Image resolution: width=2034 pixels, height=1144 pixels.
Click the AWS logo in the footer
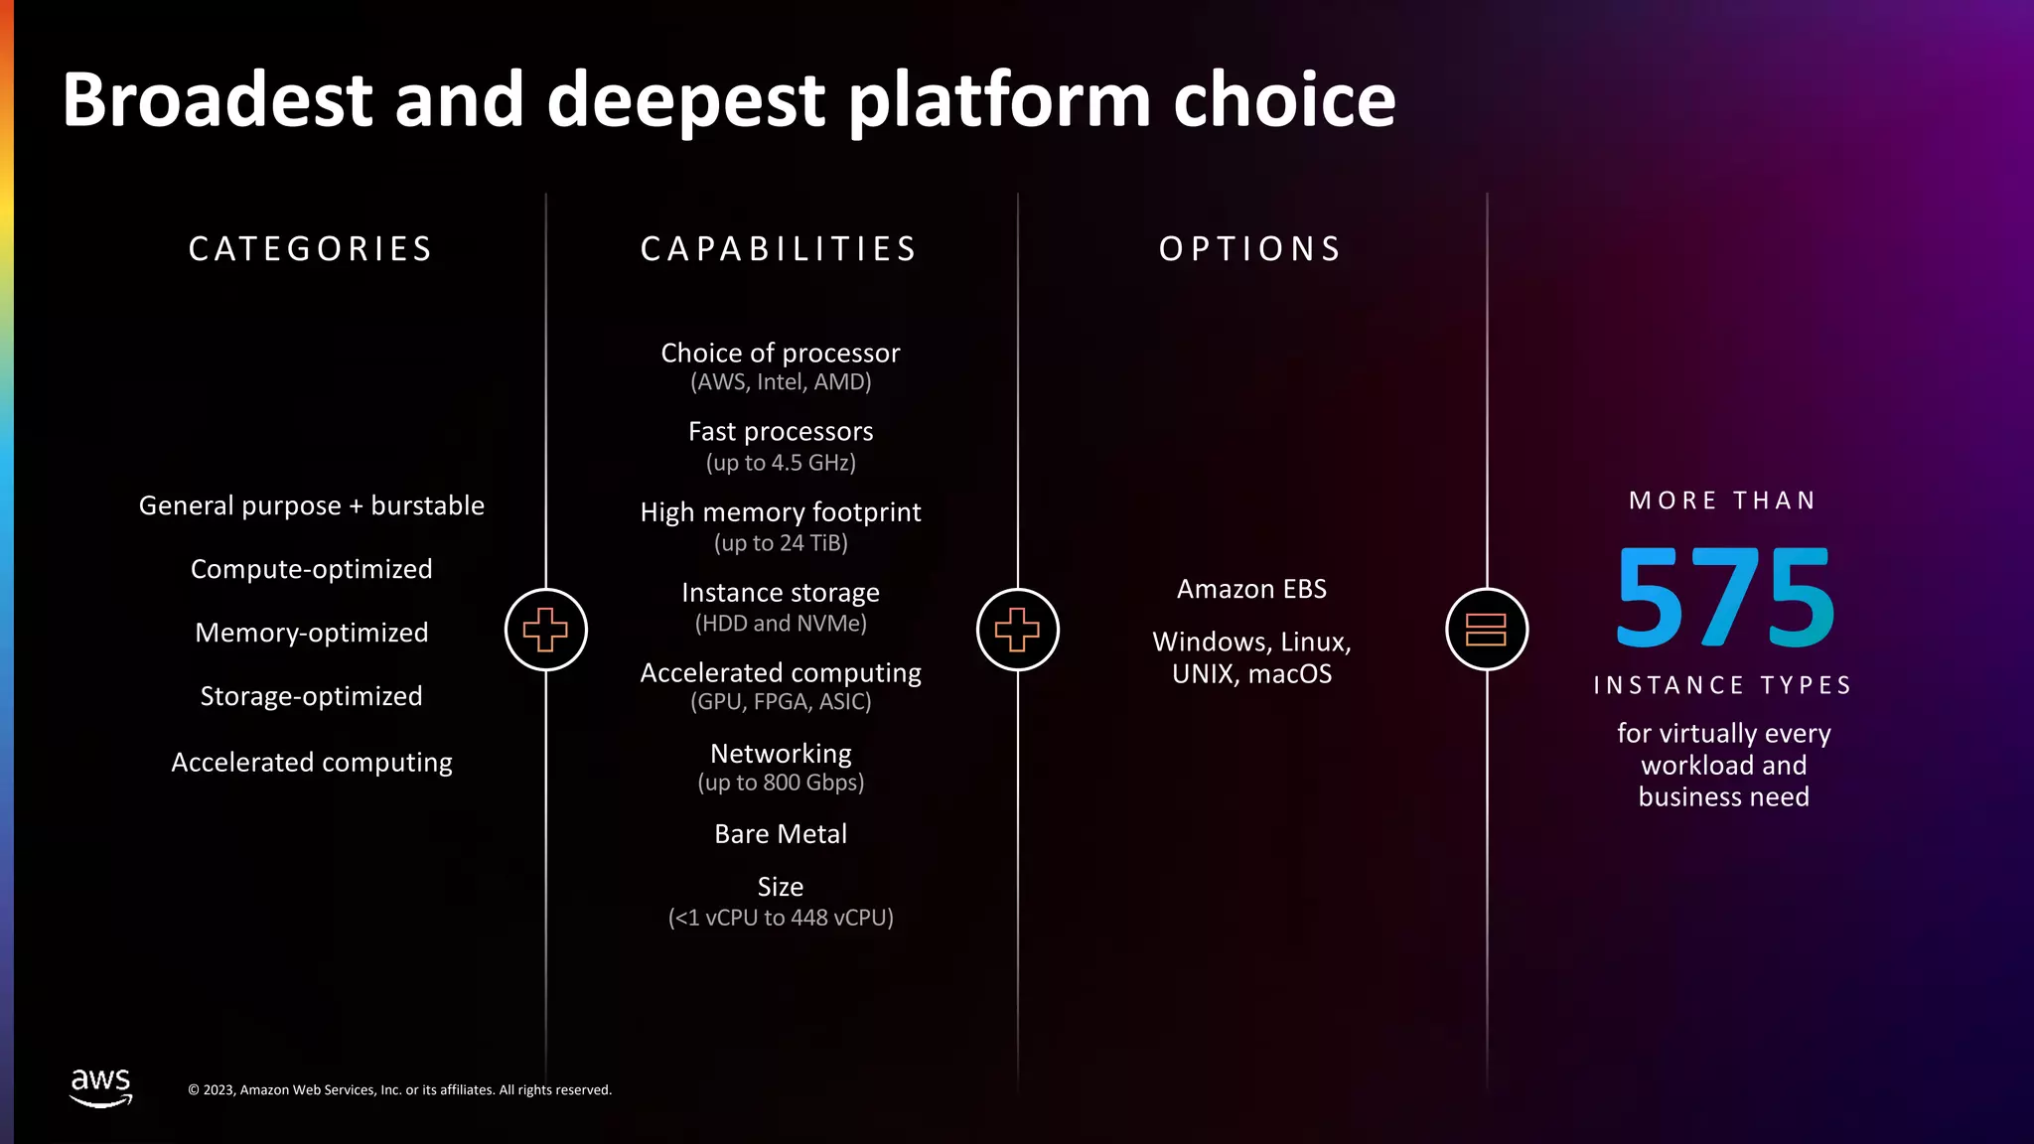100,1086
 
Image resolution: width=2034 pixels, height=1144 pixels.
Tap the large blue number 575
1725,598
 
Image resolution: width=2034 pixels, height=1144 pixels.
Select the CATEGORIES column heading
311,248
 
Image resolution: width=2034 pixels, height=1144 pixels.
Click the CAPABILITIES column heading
780,248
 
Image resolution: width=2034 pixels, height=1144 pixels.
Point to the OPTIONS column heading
1250,248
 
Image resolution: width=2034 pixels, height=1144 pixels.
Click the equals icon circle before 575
1486,630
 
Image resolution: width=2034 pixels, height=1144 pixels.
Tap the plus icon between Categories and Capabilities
545,630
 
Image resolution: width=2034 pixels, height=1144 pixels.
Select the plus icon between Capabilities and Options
1017,630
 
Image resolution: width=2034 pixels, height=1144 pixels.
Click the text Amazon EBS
1251,589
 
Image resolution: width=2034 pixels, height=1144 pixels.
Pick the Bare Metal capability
781,834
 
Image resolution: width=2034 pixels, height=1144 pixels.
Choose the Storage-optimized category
311,696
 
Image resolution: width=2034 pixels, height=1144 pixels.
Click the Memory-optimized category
311,633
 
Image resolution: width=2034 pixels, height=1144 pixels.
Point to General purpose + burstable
311,505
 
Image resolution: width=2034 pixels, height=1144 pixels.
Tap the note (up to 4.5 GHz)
781,463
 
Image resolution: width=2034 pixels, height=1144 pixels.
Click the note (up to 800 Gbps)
781,783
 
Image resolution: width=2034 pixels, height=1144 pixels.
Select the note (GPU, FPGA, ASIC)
781,702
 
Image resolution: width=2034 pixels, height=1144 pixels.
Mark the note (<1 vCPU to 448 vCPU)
781,918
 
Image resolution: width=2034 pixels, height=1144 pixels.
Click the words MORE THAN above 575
1722,500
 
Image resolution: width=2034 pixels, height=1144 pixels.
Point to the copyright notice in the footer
399,1090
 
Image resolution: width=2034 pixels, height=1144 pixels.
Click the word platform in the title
999,100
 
